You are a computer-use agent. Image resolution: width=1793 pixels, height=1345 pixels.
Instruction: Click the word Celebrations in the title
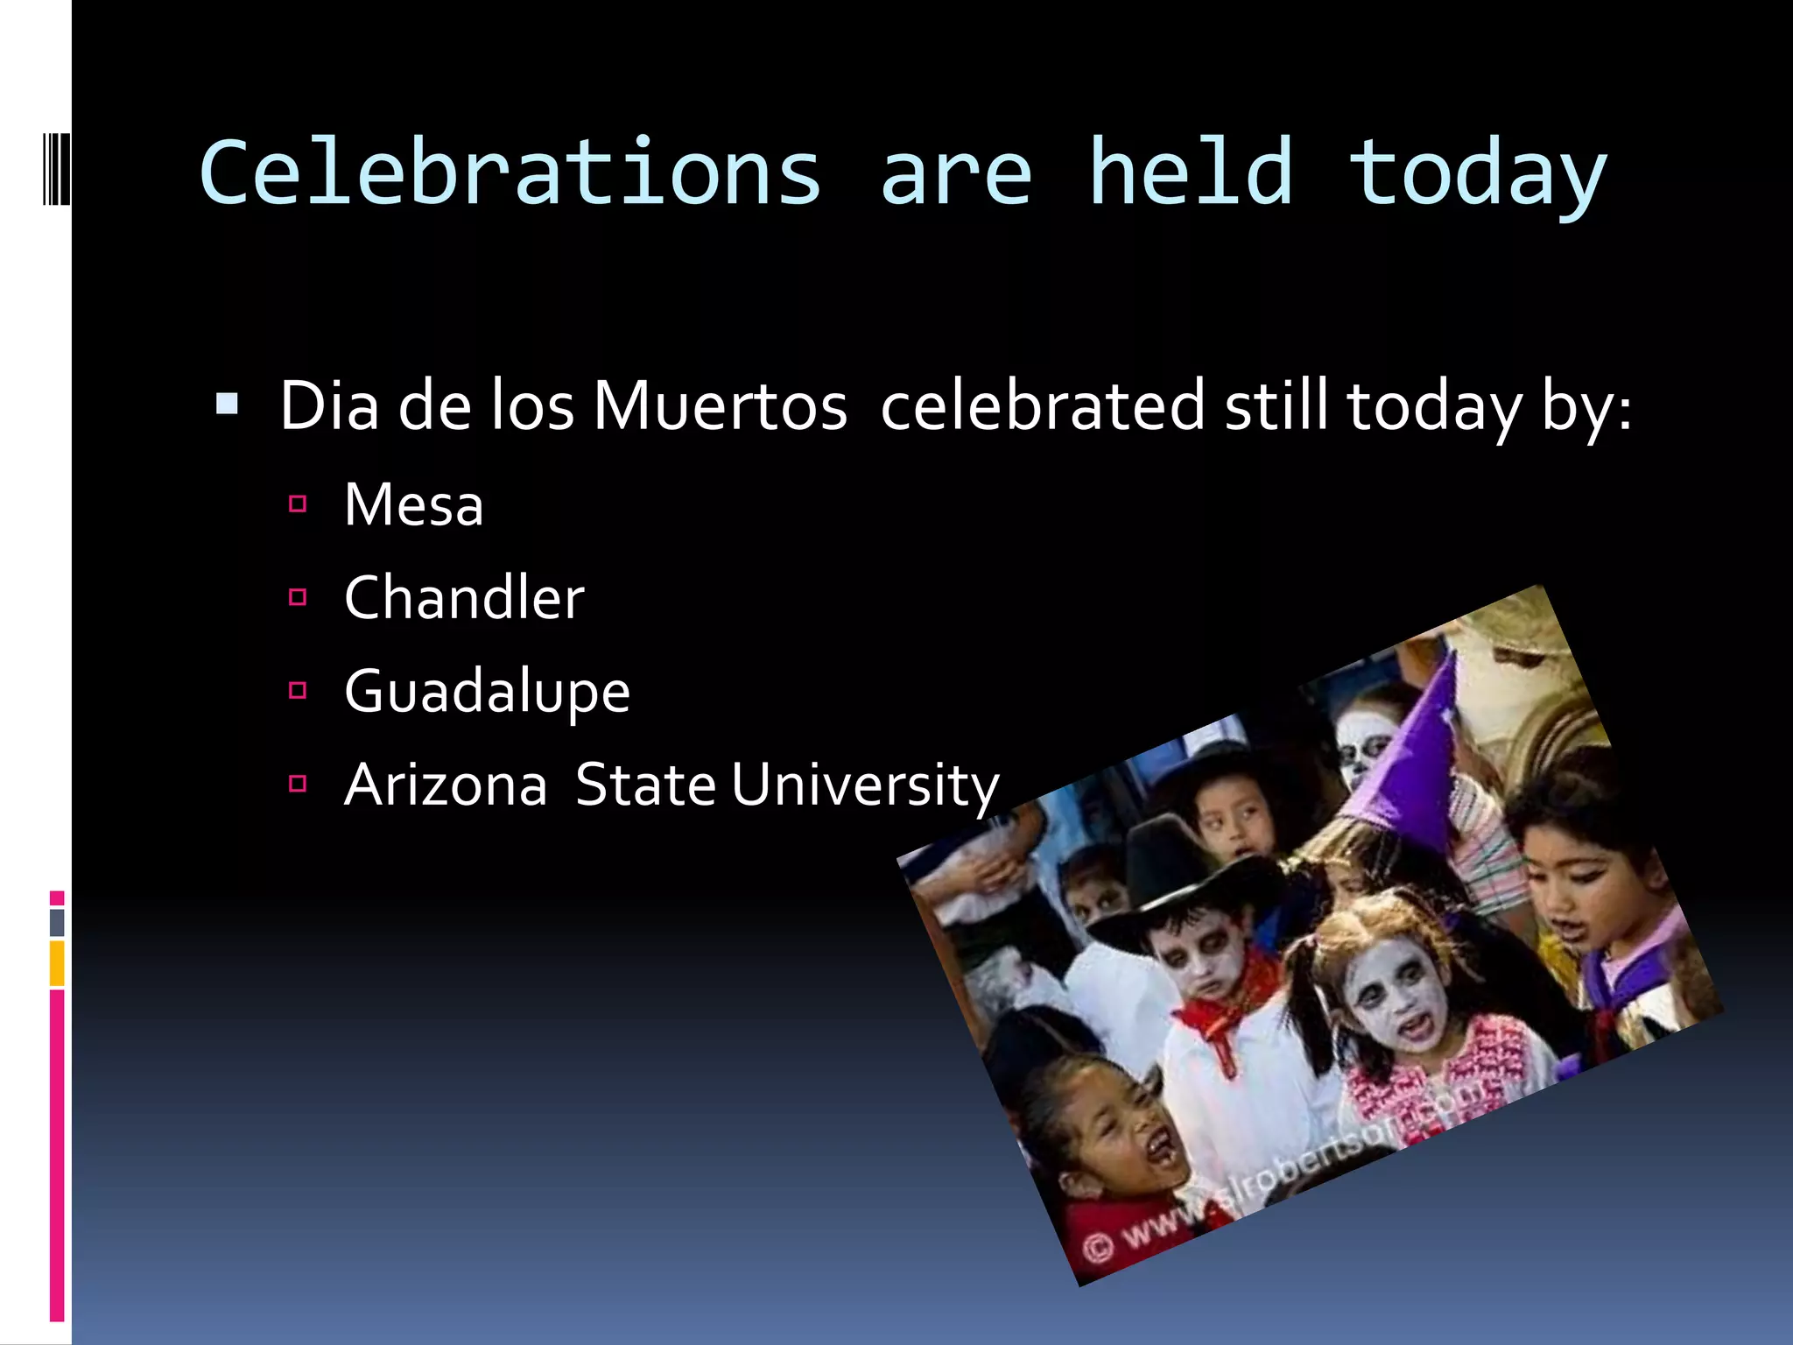pyautogui.click(x=510, y=173)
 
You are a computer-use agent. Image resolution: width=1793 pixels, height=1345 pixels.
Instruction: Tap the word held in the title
pyautogui.click(x=1190, y=173)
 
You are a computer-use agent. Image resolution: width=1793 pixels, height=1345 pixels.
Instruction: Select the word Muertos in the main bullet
pyautogui.click(x=720, y=406)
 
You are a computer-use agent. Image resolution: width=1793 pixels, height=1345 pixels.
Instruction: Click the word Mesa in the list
pyautogui.click(x=413, y=505)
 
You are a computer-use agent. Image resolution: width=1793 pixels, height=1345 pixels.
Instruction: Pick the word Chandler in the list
pyautogui.click(x=464, y=598)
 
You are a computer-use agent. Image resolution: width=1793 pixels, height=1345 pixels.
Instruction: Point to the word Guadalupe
pyautogui.click(x=487, y=692)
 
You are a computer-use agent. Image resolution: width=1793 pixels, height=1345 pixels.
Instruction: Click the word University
pyautogui.click(x=865, y=785)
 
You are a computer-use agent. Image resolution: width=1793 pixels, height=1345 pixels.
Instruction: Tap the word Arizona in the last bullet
pyautogui.click(x=446, y=785)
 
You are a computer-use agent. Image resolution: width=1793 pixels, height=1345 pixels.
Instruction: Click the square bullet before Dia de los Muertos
pyautogui.click(x=227, y=404)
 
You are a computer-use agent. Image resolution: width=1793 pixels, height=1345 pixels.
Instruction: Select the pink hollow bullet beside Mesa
pyautogui.click(x=298, y=504)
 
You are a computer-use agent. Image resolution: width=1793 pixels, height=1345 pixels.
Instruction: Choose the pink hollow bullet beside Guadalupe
pyautogui.click(x=298, y=691)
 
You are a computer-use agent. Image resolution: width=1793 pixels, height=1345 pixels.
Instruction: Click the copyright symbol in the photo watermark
pyautogui.click(x=1096, y=1247)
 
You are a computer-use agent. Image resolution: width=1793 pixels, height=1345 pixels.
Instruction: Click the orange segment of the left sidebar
pyautogui.click(x=57, y=962)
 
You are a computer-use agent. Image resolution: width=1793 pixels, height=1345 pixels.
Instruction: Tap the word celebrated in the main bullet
pyautogui.click(x=1042, y=406)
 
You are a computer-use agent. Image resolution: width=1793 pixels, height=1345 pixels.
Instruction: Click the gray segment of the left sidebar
pyautogui.click(x=57, y=922)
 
